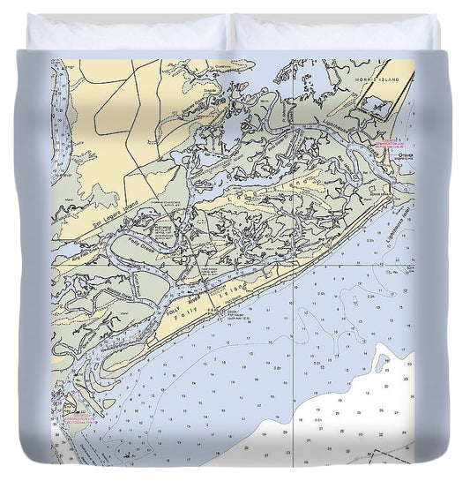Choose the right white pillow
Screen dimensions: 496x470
(335, 33)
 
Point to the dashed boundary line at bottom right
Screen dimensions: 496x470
(379, 455)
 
